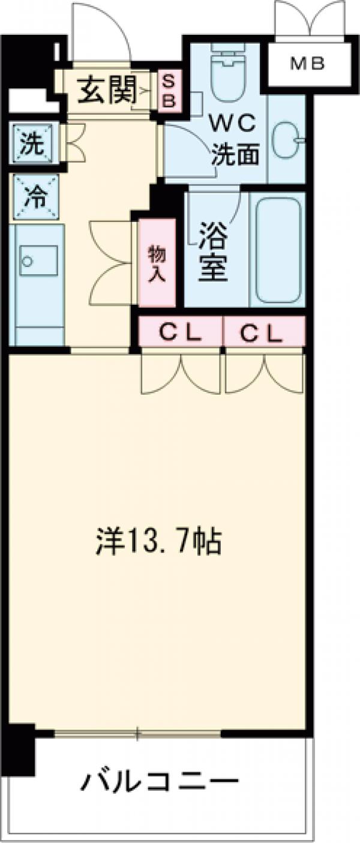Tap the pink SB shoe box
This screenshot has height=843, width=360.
pyautogui.click(x=169, y=91)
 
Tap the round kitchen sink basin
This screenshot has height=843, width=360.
pyautogui.click(x=27, y=261)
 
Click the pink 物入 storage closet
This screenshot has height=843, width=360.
pyautogui.click(x=157, y=262)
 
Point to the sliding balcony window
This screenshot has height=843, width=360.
pyautogui.click(x=138, y=733)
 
